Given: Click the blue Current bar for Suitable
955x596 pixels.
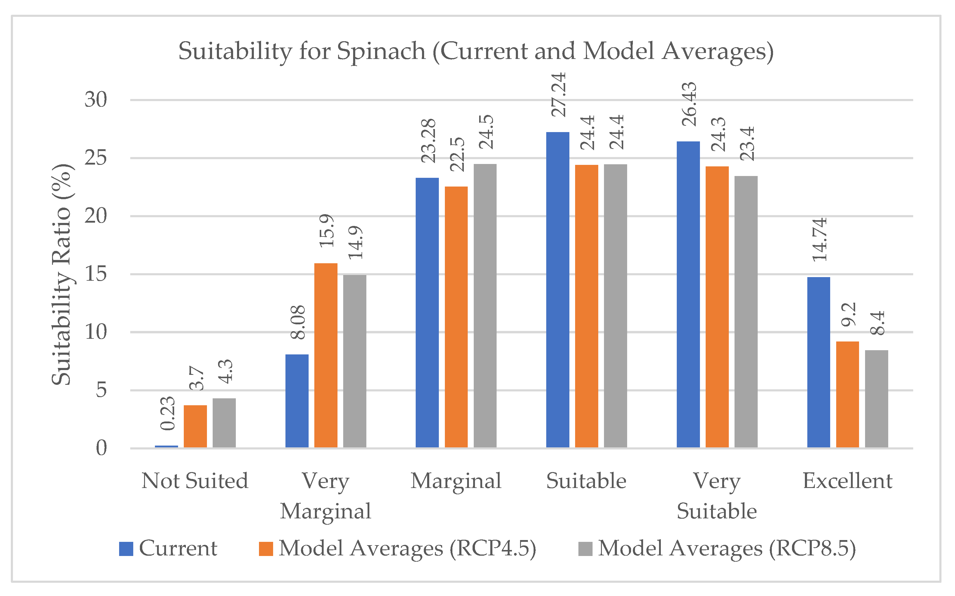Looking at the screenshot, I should pos(557,290).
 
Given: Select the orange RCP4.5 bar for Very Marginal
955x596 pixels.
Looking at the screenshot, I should pos(326,355).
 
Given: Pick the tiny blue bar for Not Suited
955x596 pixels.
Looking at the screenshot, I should pos(166,446).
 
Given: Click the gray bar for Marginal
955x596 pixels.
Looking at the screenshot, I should pos(485,305).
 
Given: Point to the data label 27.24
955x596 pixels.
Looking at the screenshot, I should pos(559,94).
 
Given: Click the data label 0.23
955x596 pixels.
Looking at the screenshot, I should pos(168,413).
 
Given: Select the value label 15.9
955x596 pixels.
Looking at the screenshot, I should pos(327,230).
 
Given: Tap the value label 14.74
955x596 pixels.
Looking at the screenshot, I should pos(819,240).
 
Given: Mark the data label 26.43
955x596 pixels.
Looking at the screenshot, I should pos(689,104).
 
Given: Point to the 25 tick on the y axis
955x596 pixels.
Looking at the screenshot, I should pos(96,158).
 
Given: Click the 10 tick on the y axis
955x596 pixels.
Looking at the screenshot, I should pos(96,332).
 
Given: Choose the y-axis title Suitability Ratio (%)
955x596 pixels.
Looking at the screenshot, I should pos(62,274).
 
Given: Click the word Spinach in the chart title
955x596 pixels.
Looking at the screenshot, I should pos(381,51).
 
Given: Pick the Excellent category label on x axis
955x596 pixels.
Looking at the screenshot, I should pos(847,481).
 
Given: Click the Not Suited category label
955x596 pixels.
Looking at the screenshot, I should pos(195,481).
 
